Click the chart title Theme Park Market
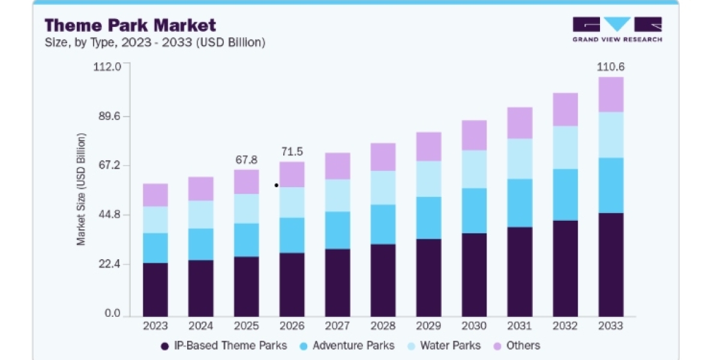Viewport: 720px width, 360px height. [x=130, y=25]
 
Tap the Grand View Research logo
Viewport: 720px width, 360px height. [x=617, y=29]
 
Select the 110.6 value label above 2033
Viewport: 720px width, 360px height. [x=611, y=67]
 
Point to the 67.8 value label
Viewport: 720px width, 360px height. [x=247, y=160]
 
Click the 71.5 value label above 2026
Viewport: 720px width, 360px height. [x=292, y=151]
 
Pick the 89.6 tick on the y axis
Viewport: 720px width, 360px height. [x=110, y=116]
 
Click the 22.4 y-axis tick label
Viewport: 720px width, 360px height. [x=110, y=264]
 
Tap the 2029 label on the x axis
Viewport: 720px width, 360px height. [x=428, y=326]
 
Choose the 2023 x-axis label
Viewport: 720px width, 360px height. [x=155, y=326]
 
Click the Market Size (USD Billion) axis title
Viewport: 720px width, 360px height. [x=81, y=190]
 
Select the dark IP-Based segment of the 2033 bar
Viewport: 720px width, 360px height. [x=611, y=265]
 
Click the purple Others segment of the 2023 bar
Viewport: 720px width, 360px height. [x=155, y=195]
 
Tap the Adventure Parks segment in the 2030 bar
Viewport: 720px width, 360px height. [x=474, y=211]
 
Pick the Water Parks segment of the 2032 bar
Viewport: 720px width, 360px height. [x=565, y=148]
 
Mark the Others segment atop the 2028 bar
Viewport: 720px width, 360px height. [x=383, y=157]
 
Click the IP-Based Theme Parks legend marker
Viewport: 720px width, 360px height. [x=165, y=346]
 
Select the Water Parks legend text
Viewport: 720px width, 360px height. [x=451, y=346]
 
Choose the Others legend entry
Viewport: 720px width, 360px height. [x=517, y=346]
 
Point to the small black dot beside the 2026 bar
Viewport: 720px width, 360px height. [x=277, y=185]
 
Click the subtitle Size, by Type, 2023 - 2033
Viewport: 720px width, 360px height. [x=155, y=43]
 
